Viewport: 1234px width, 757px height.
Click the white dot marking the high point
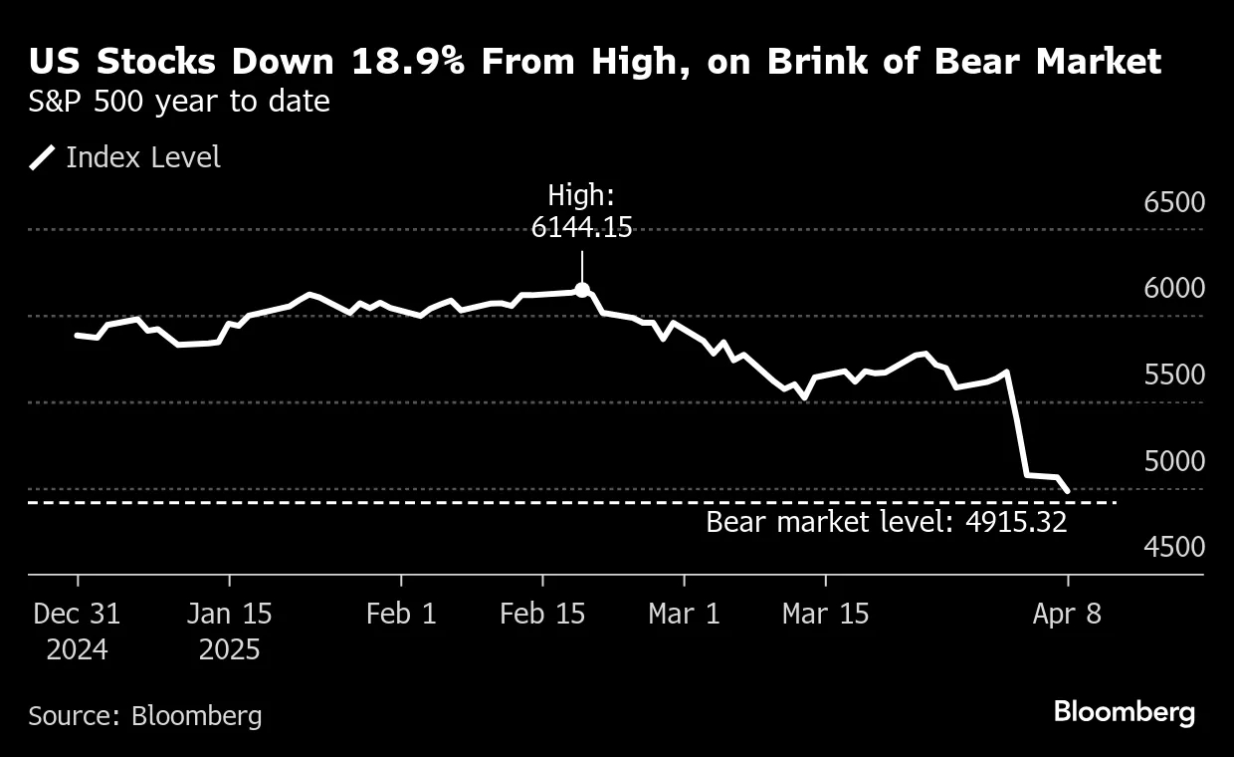pyautogui.click(x=582, y=291)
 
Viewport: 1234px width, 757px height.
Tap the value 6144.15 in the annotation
pyautogui.click(x=581, y=227)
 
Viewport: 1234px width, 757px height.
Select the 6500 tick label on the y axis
pyautogui.click(x=1174, y=202)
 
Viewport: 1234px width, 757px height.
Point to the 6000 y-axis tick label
pyautogui.click(x=1174, y=288)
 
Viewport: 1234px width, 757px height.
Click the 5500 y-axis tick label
pyautogui.click(x=1174, y=375)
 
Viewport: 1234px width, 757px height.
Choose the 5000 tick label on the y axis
pyautogui.click(x=1174, y=461)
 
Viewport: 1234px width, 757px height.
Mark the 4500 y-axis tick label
pyautogui.click(x=1174, y=547)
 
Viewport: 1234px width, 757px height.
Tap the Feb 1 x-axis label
pyautogui.click(x=401, y=614)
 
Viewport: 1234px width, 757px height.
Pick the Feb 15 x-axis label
pyautogui.click(x=542, y=614)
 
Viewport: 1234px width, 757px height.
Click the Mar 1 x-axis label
pyautogui.click(x=684, y=614)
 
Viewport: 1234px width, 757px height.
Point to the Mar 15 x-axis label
pyautogui.click(x=825, y=614)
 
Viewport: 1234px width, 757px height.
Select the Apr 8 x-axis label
pyautogui.click(x=1067, y=614)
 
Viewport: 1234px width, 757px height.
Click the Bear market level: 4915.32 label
pyautogui.click(x=886, y=522)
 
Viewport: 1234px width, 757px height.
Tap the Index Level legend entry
pyautogui.click(x=142, y=157)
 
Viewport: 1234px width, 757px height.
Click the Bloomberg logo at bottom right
pyautogui.click(x=1124, y=712)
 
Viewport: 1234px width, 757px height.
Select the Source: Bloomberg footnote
pyautogui.click(x=145, y=715)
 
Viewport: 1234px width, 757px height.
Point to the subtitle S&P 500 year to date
pyautogui.click(x=179, y=101)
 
